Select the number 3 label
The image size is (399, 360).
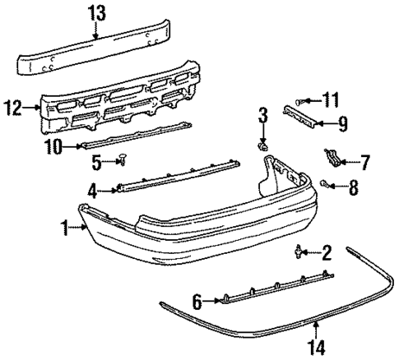[262, 113]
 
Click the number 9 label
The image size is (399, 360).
[342, 126]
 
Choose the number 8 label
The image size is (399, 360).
[354, 189]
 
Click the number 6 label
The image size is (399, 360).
[197, 299]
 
